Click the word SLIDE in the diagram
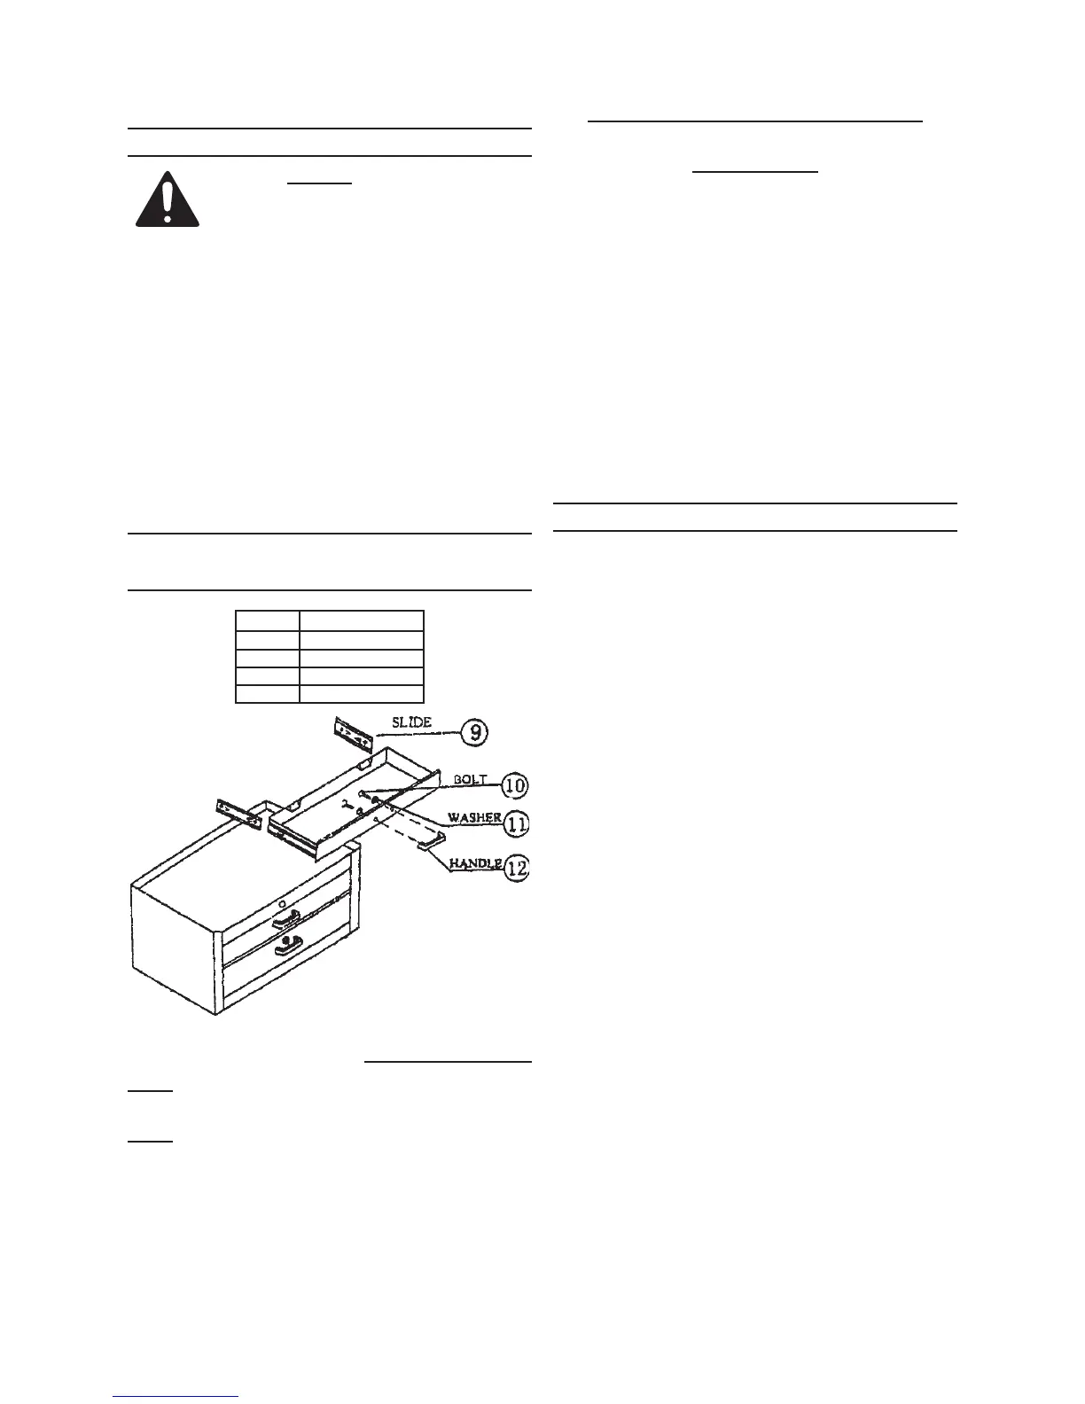point(411,722)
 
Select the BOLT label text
point(470,779)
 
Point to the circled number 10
point(514,785)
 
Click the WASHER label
point(474,818)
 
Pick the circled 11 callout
point(516,825)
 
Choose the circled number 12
point(516,869)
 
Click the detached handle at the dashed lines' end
point(430,841)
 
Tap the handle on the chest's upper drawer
point(287,919)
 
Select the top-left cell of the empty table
point(267,620)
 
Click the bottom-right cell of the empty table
point(361,693)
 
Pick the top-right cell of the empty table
point(361,620)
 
